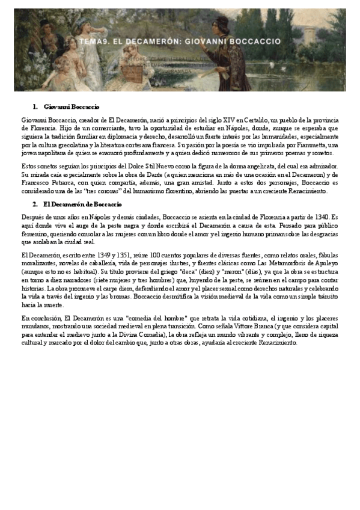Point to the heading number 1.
click(35, 106)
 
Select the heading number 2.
click(35, 204)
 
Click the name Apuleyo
click(326, 266)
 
